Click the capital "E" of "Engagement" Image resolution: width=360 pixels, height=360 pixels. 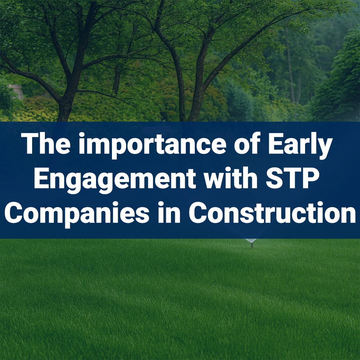(x=41, y=179)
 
